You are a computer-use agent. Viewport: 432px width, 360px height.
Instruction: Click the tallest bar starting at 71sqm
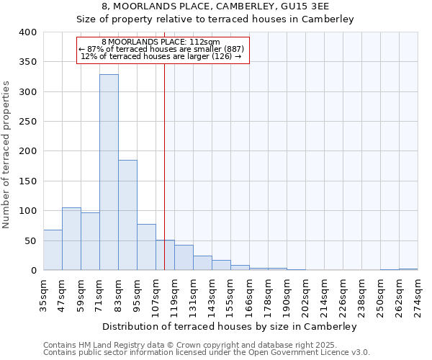point(109,173)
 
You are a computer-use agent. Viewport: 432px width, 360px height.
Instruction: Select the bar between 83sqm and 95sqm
point(127,215)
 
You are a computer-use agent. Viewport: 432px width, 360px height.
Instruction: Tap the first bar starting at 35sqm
point(53,250)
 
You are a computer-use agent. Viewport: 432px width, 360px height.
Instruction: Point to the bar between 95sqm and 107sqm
point(146,247)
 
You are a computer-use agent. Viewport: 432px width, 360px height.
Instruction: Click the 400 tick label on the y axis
point(27,32)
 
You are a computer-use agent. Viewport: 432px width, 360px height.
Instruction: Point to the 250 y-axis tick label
point(27,122)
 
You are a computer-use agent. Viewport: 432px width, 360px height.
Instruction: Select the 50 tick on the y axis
point(30,240)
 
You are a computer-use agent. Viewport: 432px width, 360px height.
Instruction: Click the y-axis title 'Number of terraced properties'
point(7,154)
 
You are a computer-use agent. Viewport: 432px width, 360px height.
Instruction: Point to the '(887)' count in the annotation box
point(233,49)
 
